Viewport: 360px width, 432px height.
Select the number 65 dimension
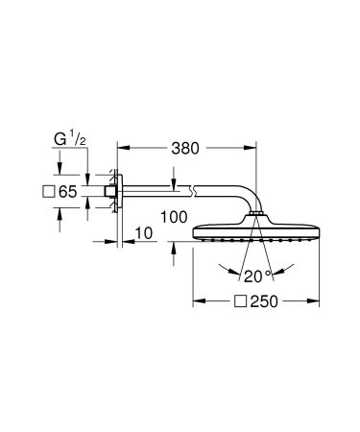pos(66,193)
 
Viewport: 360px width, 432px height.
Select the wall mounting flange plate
pos(117,193)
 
